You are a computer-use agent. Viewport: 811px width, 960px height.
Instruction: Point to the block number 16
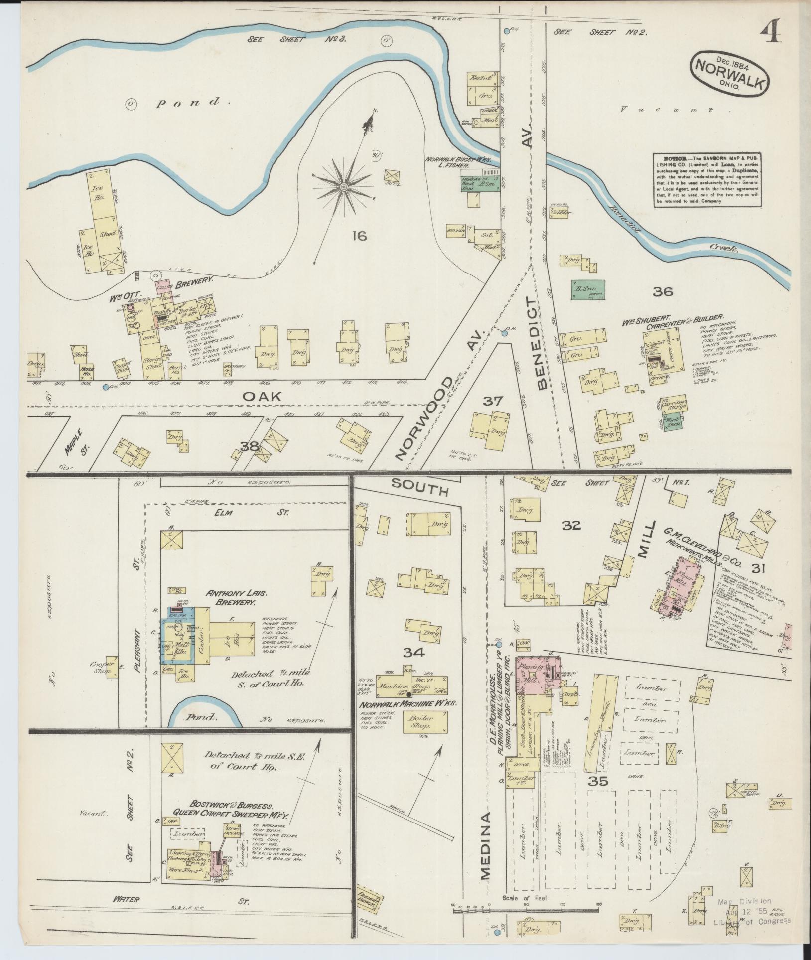click(x=359, y=236)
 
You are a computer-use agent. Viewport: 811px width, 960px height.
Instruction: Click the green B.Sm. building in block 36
click(x=588, y=289)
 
